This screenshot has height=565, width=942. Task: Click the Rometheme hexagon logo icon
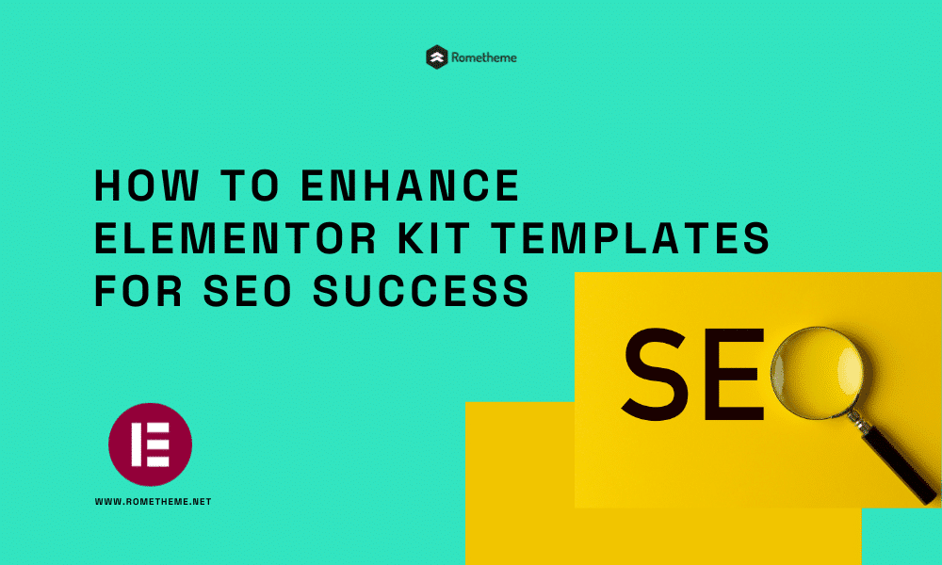coord(437,57)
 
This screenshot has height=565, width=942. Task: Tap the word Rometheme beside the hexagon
coord(483,57)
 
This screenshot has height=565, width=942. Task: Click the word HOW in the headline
coord(147,185)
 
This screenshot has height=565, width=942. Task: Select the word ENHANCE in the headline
coord(410,185)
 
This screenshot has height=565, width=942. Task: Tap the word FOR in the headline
coord(138,291)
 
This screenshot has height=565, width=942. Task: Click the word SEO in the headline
coord(248,291)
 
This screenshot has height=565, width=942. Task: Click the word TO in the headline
coord(250,185)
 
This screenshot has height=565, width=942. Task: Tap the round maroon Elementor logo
coord(150,444)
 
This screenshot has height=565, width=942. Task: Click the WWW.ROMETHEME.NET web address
coord(154,501)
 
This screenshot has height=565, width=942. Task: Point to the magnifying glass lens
coord(817,372)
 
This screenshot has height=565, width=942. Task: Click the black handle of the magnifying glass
coord(899,465)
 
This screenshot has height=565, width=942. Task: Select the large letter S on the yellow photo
coord(656,374)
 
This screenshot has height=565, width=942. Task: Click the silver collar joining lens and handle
coord(859,421)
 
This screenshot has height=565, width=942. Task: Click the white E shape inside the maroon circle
coord(150,444)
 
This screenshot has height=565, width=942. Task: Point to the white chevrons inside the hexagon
coord(437,57)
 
